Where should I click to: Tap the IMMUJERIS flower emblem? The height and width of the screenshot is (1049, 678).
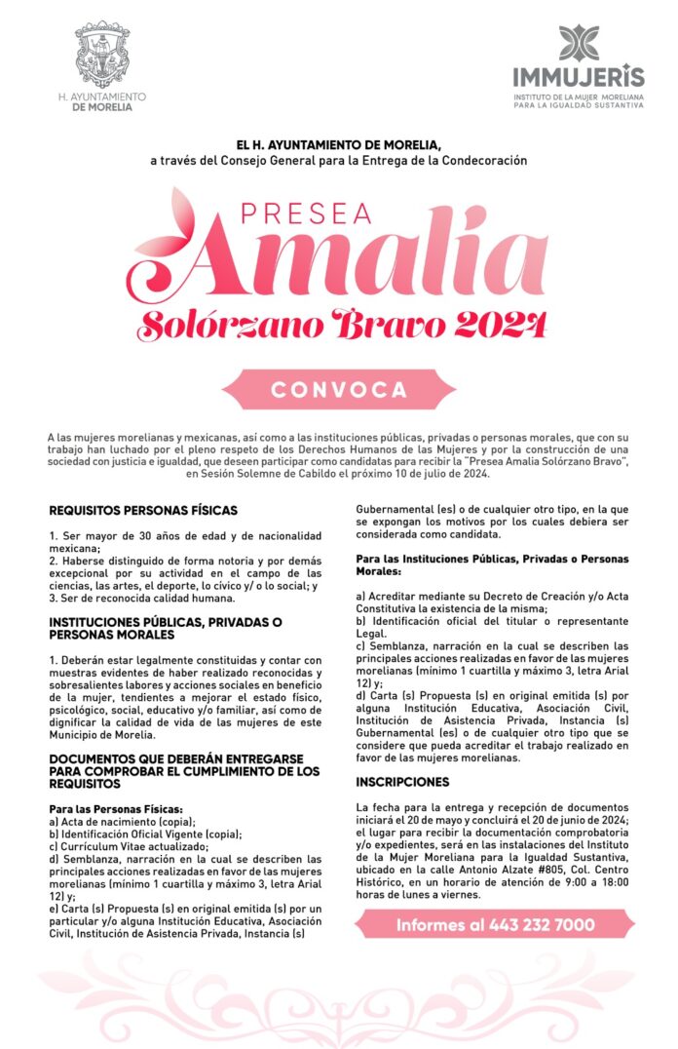tap(579, 43)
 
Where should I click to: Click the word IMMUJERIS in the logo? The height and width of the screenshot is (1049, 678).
tap(579, 77)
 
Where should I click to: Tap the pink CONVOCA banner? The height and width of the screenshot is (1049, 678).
tap(339, 389)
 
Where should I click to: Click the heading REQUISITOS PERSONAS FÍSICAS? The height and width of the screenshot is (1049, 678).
tap(143, 510)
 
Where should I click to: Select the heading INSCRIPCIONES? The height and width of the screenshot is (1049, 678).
tap(402, 782)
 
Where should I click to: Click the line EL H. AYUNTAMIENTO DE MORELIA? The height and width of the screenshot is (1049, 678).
tap(338, 143)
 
